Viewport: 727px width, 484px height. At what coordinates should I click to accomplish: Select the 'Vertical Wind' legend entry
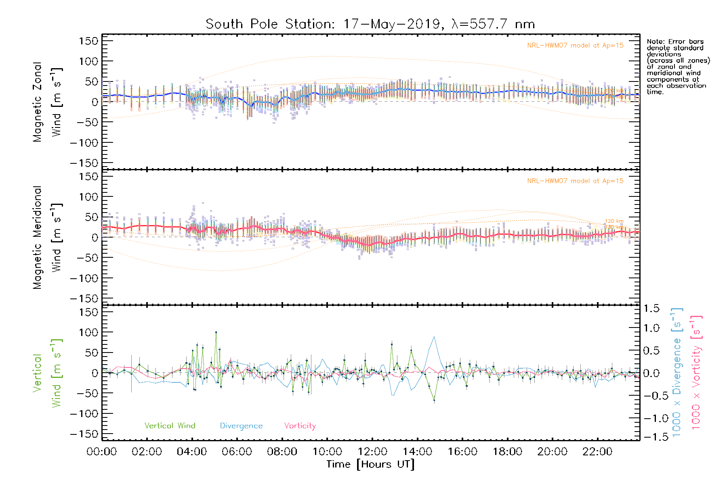click(170, 426)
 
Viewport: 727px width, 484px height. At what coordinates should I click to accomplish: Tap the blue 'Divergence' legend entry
click(241, 426)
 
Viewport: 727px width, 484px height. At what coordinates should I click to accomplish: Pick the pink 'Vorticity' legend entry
click(300, 426)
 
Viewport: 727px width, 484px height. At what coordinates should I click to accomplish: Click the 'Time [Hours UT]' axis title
click(370, 464)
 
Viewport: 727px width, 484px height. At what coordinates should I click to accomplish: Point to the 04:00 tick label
click(192, 452)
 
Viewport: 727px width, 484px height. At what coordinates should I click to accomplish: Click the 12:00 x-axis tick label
click(372, 452)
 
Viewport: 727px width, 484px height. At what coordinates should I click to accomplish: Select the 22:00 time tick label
click(597, 452)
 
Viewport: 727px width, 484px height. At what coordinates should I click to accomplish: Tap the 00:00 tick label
click(102, 452)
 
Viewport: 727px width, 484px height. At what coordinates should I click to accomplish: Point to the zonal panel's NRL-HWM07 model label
click(575, 46)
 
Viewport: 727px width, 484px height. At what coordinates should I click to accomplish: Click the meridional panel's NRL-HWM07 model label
click(575, 181)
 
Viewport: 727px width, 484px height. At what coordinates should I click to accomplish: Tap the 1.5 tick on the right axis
click(651, 309)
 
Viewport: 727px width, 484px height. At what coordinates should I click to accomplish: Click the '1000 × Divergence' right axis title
click(677, 373)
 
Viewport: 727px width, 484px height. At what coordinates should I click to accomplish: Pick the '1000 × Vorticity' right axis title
click(695, 373)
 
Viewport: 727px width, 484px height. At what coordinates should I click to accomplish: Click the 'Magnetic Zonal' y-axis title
click(38, 102)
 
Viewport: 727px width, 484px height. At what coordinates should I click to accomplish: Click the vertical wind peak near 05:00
click(216, 332)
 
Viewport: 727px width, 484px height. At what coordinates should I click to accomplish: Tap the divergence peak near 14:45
click(434, 337)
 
